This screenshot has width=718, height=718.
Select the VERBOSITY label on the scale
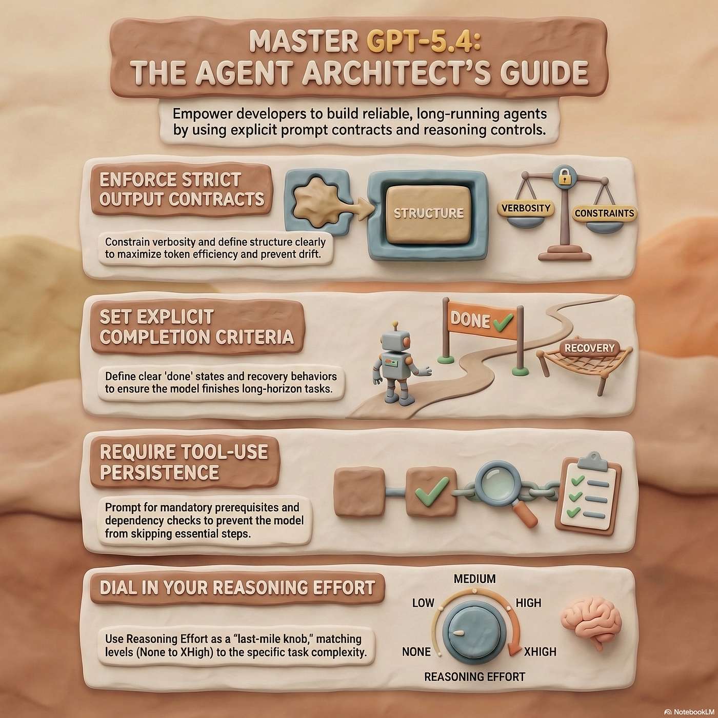[526, 208]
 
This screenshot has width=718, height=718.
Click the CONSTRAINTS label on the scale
[604, 213]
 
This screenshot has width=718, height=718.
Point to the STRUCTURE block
[429, 213]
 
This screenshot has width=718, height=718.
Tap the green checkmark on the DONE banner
[503, 322]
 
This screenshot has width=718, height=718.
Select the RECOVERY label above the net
[589, 348]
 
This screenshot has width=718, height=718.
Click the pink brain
[591, 625]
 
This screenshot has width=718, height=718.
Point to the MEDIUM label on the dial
[475, 579]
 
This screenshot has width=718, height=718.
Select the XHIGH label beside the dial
[540, 652]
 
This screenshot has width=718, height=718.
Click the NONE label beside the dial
[416, 652]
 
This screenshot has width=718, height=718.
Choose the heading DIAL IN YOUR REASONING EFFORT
[237, 587]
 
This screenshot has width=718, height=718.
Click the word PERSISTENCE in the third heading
[159, 472]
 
